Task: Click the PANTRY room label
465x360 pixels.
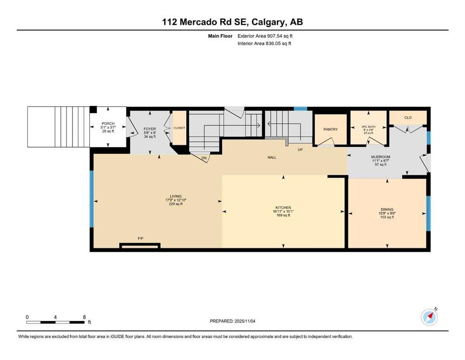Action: pos(330,129)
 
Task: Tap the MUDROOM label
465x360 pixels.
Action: pos(381,157)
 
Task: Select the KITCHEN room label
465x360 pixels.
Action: pos(283,208)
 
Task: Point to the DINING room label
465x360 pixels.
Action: pos(387,209)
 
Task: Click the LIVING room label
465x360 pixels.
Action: pos(176,196)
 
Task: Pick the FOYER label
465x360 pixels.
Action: pos(150,129)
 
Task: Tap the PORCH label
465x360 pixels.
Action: pos(108,123)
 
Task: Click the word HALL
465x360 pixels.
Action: pos(272,157)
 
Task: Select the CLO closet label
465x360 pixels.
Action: pos(408,118)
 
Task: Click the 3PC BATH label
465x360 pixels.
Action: pos(369,127)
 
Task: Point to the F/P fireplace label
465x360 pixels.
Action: pos(140,238)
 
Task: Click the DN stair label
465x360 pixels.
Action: pos(204,158)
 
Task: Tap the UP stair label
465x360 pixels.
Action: pos(300,150)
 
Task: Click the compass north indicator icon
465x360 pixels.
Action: pos(429,317)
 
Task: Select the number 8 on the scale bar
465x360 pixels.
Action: pos(84,317)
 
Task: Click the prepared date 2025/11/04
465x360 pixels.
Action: pos(245,321)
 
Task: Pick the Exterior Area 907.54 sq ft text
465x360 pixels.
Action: pos(265,36)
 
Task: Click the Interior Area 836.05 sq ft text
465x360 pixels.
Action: pos(264,43)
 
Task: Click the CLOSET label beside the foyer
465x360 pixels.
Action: pos(179,128)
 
